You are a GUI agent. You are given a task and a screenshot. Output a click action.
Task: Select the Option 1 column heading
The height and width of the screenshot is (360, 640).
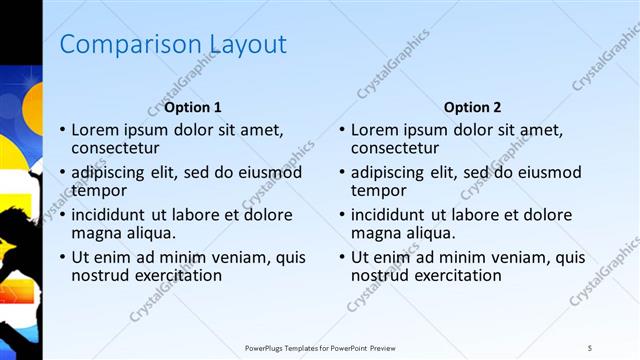193,107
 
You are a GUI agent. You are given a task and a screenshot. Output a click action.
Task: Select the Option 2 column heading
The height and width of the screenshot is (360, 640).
473,107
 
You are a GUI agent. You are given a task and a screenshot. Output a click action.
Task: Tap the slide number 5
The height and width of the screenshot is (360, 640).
590,348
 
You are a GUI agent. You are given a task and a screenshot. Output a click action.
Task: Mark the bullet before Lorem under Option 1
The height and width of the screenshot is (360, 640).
63,130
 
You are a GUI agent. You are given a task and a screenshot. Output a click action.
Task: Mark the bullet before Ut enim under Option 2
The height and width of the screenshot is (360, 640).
343,258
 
